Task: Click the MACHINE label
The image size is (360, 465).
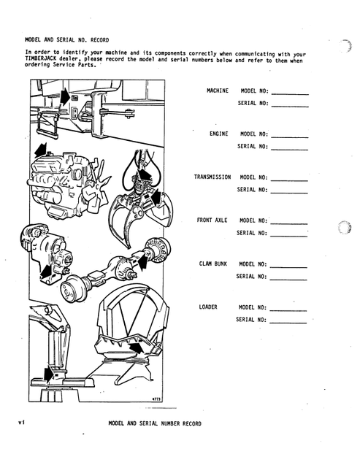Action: (218, 91)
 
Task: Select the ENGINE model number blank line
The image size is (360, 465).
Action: (290, 137)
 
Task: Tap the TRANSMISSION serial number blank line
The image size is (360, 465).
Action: (289, 193)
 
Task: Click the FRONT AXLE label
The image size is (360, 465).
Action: (212, 220)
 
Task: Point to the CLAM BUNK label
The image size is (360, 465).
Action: (213, 264)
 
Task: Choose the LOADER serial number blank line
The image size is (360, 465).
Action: (288, 323)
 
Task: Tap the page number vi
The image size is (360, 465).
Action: (21, 422)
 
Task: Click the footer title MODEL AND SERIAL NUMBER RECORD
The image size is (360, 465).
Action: (155, 423)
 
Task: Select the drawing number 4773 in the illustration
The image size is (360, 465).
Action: (156, 399)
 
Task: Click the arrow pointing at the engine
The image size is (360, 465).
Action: (40, 150)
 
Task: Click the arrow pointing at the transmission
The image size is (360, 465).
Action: (47, 272)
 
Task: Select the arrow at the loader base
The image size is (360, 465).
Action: (49, 374)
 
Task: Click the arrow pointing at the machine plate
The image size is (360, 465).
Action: (65, 96)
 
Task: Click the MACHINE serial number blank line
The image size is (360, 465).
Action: (290, 107)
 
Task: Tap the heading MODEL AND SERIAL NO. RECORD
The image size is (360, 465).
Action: (67, 39)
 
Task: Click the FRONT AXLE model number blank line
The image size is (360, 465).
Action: (289, 224)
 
